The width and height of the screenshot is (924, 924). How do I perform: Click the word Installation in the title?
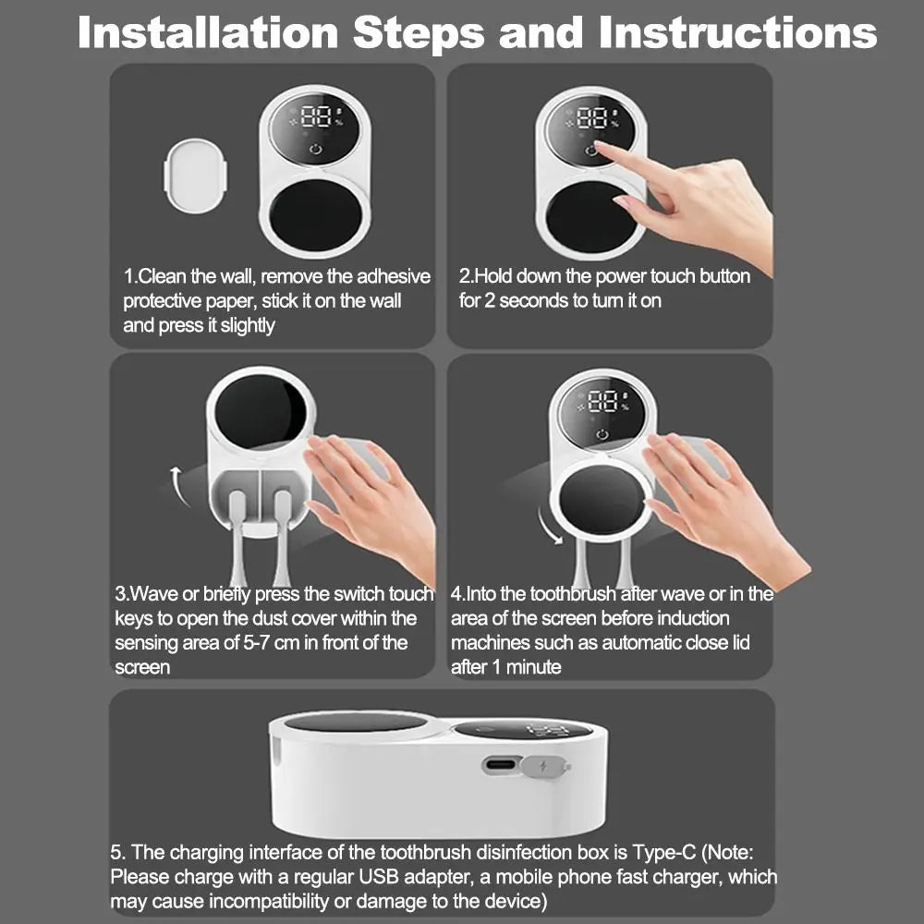[x=207, y=32]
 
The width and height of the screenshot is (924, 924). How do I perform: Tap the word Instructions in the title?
[x=737, y=32]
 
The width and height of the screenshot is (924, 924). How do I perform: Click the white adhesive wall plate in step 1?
[x=196, y=175]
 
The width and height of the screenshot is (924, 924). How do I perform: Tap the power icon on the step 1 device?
[x=316, y=149]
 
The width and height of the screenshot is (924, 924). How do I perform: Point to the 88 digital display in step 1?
[x=316, y=116]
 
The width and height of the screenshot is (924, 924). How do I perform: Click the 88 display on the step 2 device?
[x=591, y=118]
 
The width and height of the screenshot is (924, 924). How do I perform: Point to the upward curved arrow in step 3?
[x=178, y=486]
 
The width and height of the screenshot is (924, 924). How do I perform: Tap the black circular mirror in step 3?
[x=260, y=412]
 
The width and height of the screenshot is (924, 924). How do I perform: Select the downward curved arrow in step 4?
[x=549, y=526]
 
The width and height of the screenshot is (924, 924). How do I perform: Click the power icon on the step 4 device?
[x=602, y=435]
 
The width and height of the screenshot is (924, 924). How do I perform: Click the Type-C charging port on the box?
[x=501, y=765]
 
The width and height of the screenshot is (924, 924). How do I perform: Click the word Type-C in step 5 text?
[x=663, y=853]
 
